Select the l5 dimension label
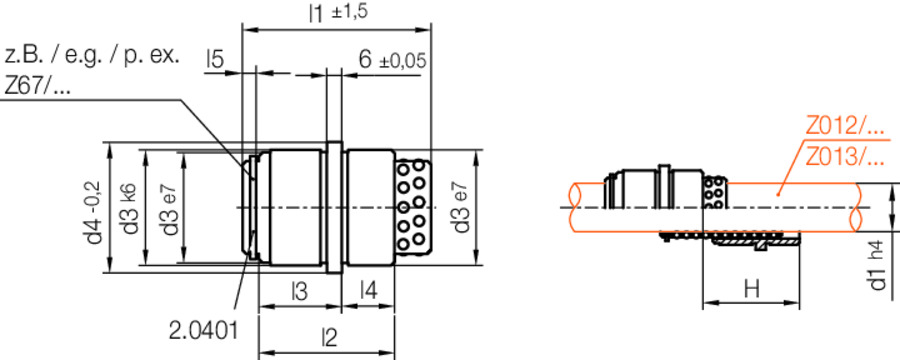coord(214,60)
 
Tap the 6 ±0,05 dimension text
coord(391,60)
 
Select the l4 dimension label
coord(368,292)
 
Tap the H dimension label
coord(752,289)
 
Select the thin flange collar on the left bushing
coord(335,207)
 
